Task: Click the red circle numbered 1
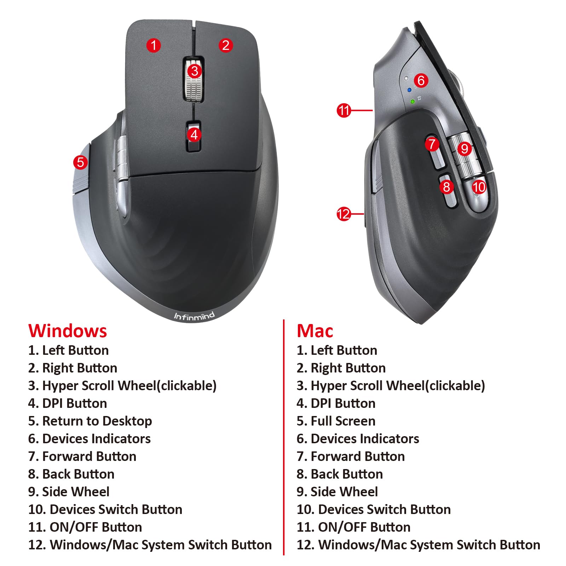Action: (x=154, y=45)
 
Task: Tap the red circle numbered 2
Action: (x=226, y=45)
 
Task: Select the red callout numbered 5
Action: (x=80, y=162)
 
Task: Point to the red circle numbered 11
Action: (x=343, y=110)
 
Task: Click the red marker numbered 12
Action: (x=343, y=214)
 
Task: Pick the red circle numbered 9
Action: (x=464, y=149)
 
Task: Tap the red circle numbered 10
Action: (x=479, y=187)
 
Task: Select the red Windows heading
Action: (x=68, y=331)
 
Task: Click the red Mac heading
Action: (x=315, y=331)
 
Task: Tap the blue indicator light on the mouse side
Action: (x=409, y=90)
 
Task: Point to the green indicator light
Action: (x=412, y=102)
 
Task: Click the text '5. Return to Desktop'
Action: (x=90, y=421)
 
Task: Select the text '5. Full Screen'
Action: (x=336, y=421)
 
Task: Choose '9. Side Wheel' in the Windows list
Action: (x=69, y=492)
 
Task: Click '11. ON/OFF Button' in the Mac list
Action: (x=353, y=527)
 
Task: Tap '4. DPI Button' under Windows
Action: (x=68, y=403)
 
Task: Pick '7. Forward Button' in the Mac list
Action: (x=351, y=456)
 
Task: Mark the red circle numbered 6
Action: (x=421, y=81)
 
